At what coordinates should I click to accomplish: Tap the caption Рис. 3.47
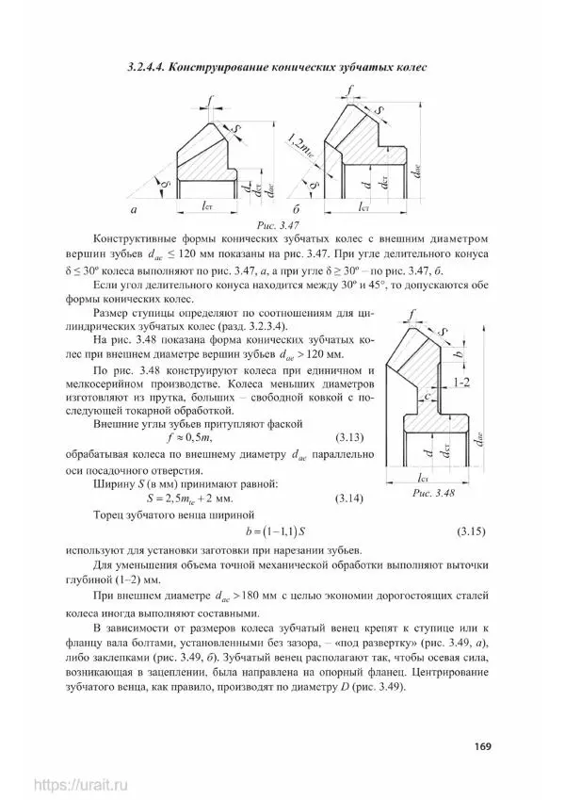coord(277,226)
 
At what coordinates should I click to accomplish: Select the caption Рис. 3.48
coord(433,493)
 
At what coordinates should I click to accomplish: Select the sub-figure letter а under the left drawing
coord(134,208)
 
